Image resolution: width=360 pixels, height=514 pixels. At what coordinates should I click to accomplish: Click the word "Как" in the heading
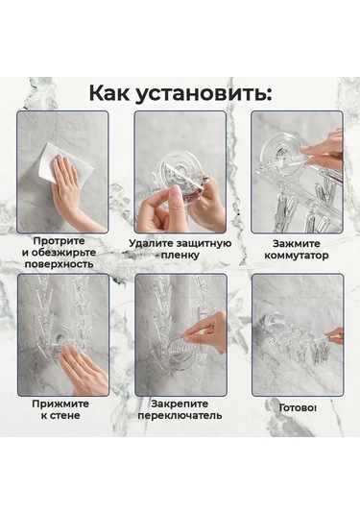tap(116, 92)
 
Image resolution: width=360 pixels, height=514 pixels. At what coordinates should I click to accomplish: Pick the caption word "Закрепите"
tap(180, 404)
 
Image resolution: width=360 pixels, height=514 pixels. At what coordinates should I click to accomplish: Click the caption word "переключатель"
tap(180, 416)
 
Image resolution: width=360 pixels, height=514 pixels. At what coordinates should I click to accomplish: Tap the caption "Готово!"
tap(297, 407)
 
